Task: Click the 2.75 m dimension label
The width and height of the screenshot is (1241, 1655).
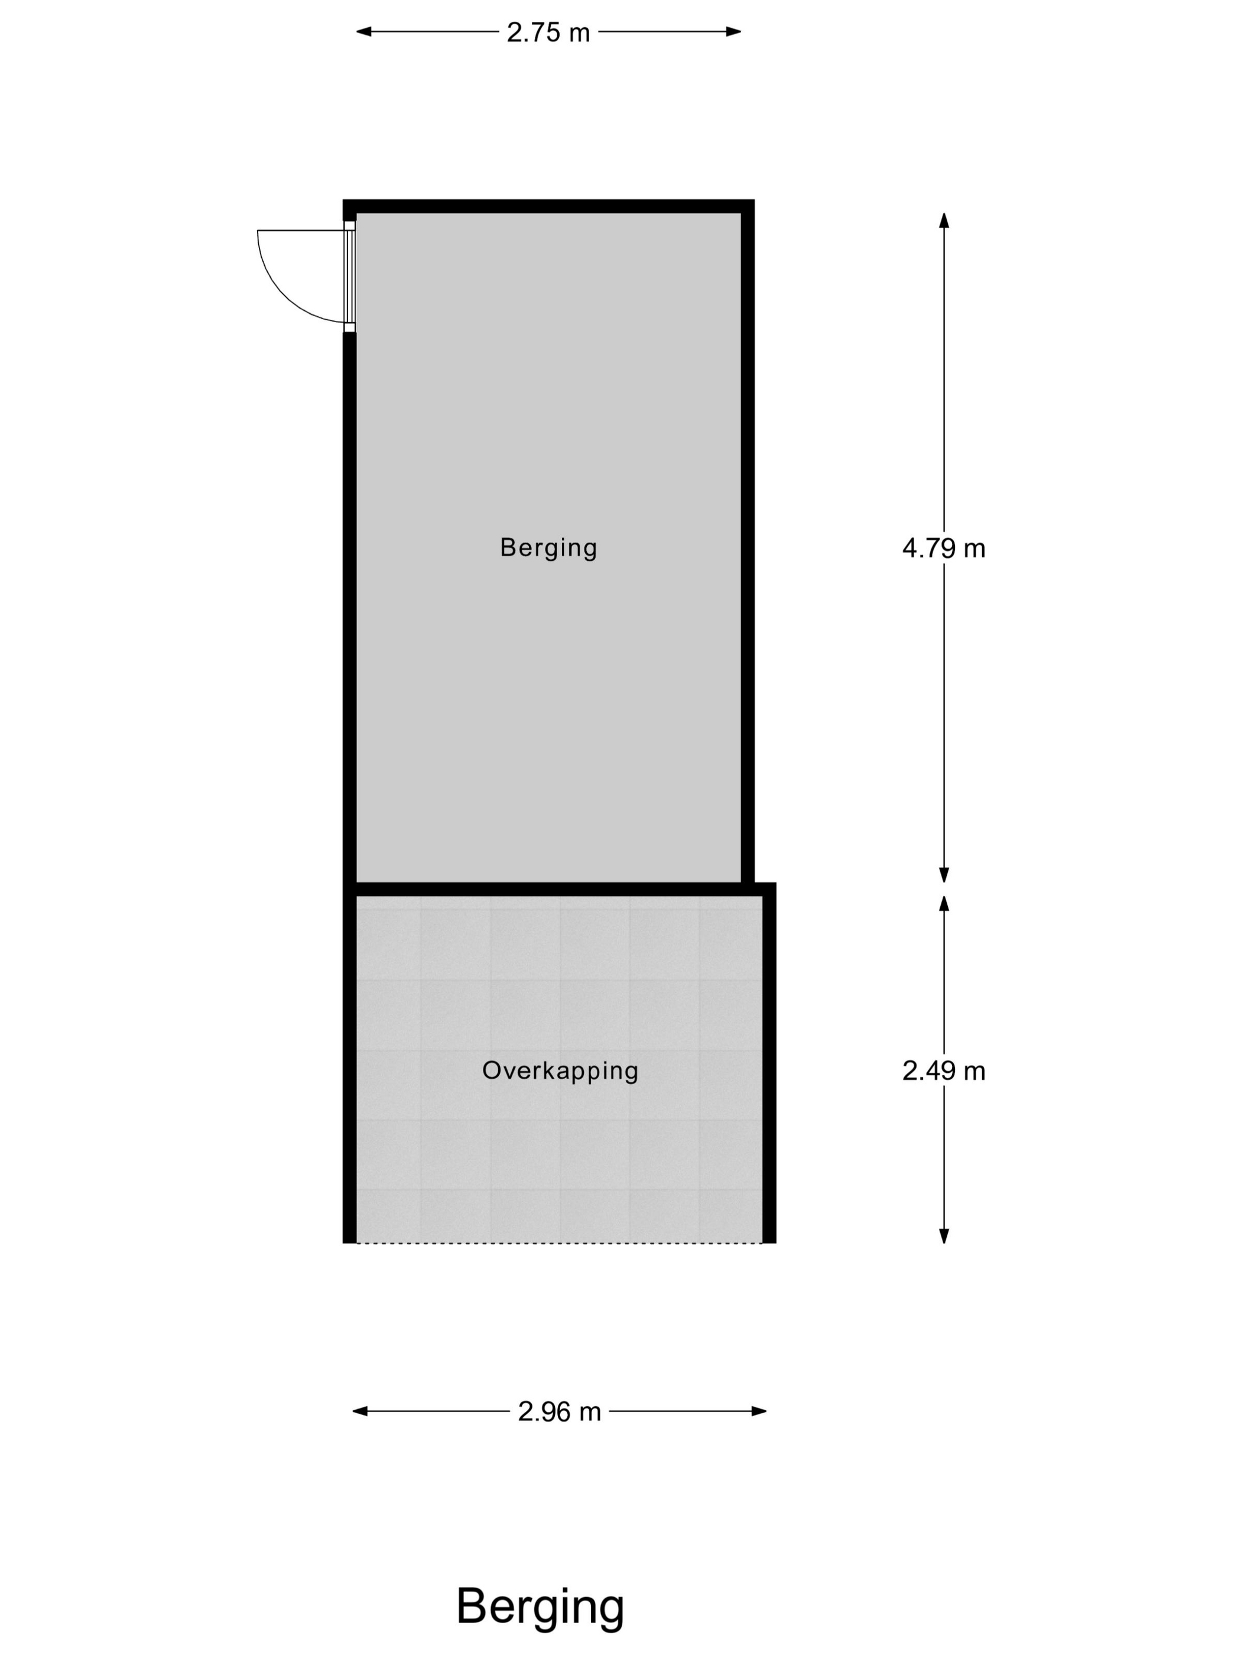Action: pos(548,32)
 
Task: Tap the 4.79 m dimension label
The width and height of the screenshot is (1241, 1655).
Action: pos(943,549)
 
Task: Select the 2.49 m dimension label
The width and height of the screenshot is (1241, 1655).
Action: pos(943,1072)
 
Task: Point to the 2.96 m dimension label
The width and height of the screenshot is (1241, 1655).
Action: pos(560,1412)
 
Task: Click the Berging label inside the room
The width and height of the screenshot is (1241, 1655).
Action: pos(548,548)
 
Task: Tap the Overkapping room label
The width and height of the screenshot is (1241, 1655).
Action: pos(560,1070)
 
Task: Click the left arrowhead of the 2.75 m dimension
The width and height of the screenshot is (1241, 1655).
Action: pos(363,31)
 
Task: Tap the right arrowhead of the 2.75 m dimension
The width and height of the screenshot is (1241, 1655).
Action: pos(733,31)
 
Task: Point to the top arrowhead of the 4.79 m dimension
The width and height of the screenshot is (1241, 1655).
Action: pos(944,220)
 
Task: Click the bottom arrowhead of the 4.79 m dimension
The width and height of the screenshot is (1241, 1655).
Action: pos(944,875)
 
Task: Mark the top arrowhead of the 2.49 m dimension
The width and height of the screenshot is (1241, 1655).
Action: pos(944,903)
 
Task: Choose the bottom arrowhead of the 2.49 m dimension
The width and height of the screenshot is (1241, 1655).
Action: pos(944,1237)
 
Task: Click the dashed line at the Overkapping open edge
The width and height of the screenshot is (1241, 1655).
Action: pos(559,1244)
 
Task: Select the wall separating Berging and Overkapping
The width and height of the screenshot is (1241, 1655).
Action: pos(559,890)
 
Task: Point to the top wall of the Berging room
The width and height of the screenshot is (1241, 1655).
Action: pos(548,206)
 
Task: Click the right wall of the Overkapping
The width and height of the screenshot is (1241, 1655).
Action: pos(769,1063)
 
